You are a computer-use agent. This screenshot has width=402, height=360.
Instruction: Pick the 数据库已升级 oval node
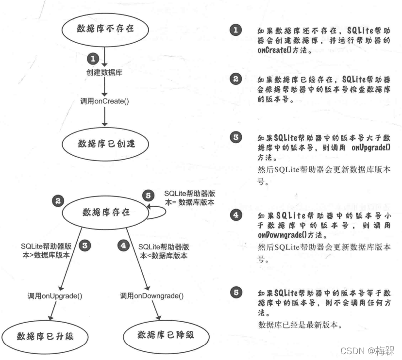pyautogui.click(x=45, y=335)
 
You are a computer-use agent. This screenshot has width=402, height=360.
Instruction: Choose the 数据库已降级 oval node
pyautogui.click(x=165, y=335)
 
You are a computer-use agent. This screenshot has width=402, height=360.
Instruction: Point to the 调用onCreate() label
pyautogui.click(x=105, y=101)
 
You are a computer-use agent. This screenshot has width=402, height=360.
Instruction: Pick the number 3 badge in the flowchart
pyautogui.click(x=85, y=246)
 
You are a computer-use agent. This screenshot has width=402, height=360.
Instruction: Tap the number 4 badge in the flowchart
pyautogui.click(x=125, y=246)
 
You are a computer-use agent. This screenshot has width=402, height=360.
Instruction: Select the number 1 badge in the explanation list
pyautogui.click(x=235, y=31)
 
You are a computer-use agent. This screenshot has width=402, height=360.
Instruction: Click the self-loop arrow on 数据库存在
pyautogui.click(x=158, y=213)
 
